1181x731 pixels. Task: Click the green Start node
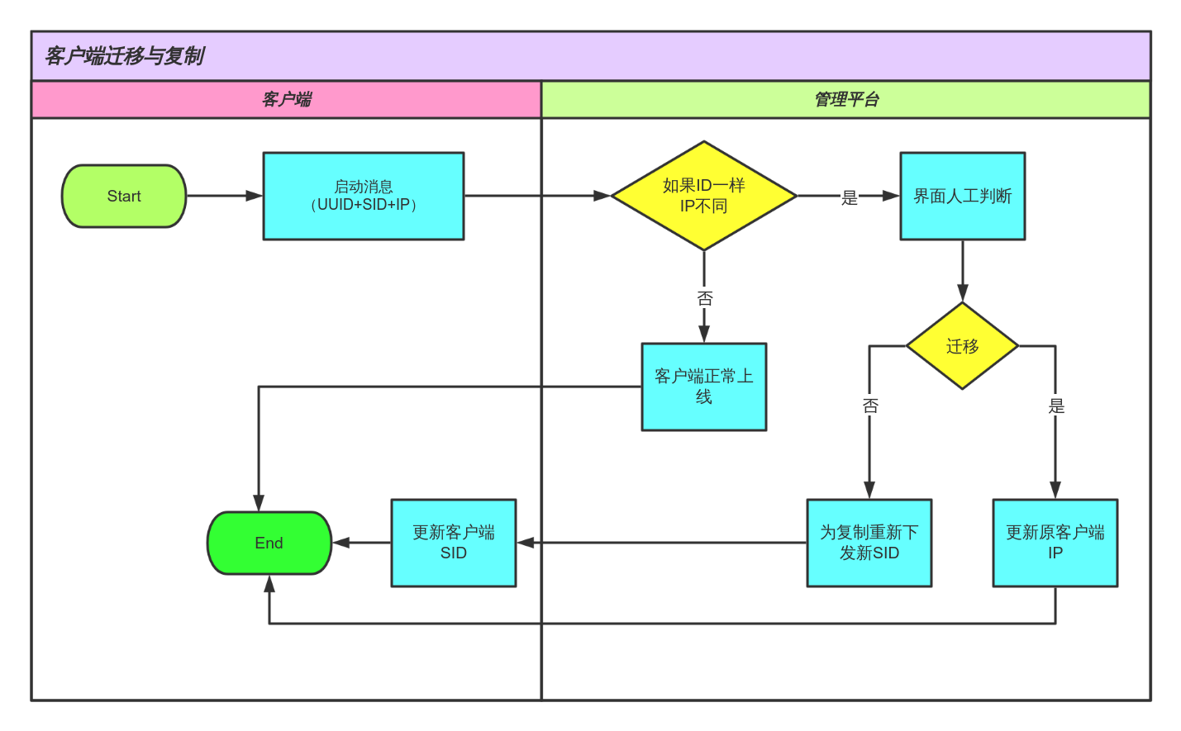click(x=124, y=196)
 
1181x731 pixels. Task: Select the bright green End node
click(x=269, y=543)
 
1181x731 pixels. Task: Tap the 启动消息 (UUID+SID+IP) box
click(x=364, y=196)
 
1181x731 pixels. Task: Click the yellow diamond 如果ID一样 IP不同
click(x=703, y=196)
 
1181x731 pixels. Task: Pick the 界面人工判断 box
click(x=962, y=196)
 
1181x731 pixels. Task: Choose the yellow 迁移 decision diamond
click(x=962, y=346)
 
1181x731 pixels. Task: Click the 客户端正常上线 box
click(x=703, y=387)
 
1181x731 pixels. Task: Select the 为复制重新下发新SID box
click(x=869, y=543)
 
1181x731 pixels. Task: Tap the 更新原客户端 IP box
click(x=1055, y=543)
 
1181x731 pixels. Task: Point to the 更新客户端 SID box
click(x=453, y=543)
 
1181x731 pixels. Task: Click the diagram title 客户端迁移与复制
click(x=124, y=56)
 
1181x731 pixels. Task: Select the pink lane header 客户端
click(x=286, y=100)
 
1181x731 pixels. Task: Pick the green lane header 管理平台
click(x=845, y=100)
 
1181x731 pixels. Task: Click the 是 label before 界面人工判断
click(x=850, y=197)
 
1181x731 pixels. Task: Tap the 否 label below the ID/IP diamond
click(x=704, y=298)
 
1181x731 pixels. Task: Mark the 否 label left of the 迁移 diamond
click(x=869, y=406)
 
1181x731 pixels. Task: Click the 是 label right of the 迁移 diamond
click(x=1056, y=406)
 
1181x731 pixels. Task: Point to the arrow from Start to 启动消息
click(x=224, y=196)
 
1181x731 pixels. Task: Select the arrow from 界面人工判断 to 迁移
click(x=962, y=271)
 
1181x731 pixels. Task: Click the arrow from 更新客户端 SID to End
click(x=361, y=543)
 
